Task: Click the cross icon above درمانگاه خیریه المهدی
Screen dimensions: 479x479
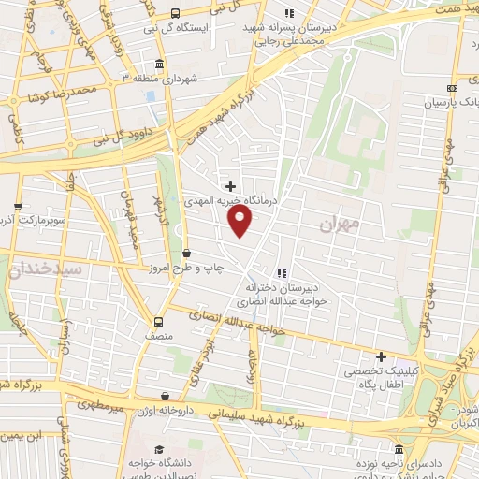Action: [x=231, y=185]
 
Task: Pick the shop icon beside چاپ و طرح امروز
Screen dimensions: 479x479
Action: [x=186, y=252]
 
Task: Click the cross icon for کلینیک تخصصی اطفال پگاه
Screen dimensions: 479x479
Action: [x=381, y=356]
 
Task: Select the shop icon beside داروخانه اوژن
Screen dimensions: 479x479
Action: [x=166, y=396]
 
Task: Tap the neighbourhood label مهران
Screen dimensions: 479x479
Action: [x=339, y=225]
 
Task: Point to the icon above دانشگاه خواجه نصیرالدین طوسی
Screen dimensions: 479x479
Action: [x=157, y=450]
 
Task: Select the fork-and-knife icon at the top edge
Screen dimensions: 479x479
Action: [x=289, y=13]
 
